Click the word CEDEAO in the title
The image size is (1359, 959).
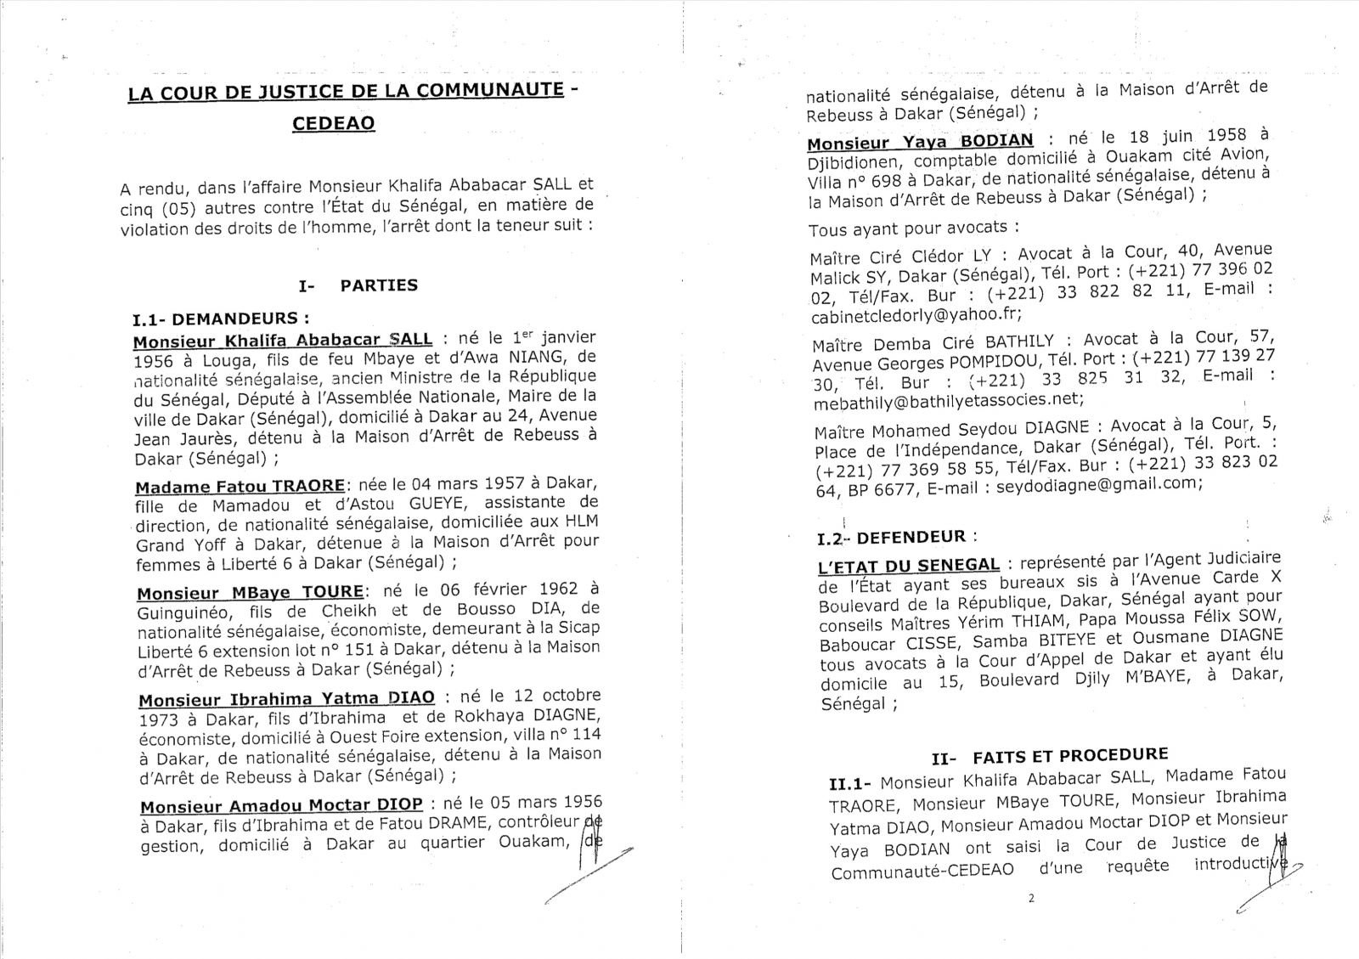point(333,123)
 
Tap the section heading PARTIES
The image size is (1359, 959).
point(379,285)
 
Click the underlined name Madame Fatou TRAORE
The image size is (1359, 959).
point(240,487)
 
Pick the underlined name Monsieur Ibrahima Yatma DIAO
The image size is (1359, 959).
point(286,699)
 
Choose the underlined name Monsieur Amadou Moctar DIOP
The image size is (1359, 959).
point(281,805)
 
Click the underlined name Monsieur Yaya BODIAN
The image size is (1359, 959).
point(920,141)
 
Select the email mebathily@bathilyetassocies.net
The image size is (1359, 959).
point(947,398)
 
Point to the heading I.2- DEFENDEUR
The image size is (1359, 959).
point(896,538)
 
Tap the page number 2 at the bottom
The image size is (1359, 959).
point(1030,899)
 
